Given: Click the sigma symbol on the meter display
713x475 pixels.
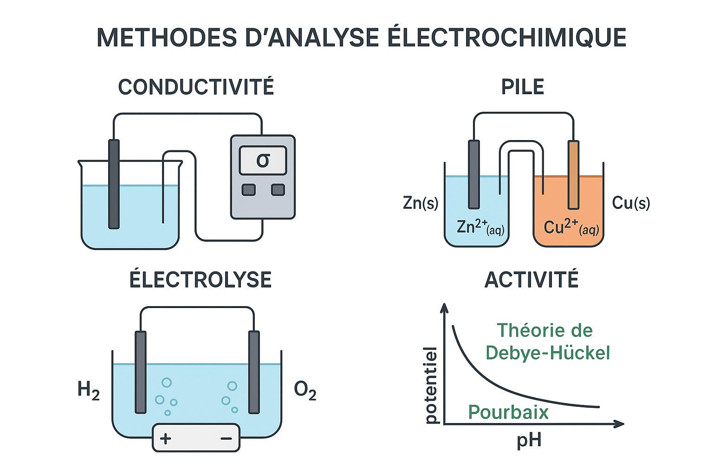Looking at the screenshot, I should [x=263, y=160].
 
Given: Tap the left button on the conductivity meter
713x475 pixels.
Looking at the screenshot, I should [x=249, y=190].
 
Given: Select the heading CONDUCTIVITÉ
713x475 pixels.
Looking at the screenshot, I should [x=196, y=87].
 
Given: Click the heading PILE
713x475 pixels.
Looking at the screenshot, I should [x=523, y=87].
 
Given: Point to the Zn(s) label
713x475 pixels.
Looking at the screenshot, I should [x=421, y=203].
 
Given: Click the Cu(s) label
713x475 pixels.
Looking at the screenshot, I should [x=631, y=203].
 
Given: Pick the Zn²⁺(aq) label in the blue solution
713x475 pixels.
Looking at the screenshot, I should [x=480, y=227].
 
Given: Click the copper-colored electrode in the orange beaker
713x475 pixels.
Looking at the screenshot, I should [x=574, y=175].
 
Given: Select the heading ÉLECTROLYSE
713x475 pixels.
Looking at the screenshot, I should [x=201, y=280].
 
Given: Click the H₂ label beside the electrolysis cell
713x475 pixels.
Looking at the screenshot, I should [x=88, y=390].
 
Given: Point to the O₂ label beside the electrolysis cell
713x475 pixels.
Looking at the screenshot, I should [x=305, y=390].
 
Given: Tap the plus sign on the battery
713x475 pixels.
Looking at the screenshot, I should [x=166, y=438].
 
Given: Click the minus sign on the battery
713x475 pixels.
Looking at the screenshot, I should [x=226, y=438].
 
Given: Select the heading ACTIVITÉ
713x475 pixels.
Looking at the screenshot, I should [x=532, y=280].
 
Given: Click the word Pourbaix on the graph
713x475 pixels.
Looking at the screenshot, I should [x=508, y=412].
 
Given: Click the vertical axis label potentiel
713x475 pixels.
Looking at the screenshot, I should [x=431, y=385].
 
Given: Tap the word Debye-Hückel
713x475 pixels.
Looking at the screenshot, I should [x=548, y=353].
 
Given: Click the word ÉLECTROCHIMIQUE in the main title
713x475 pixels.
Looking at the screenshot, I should [x=506, y=38].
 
